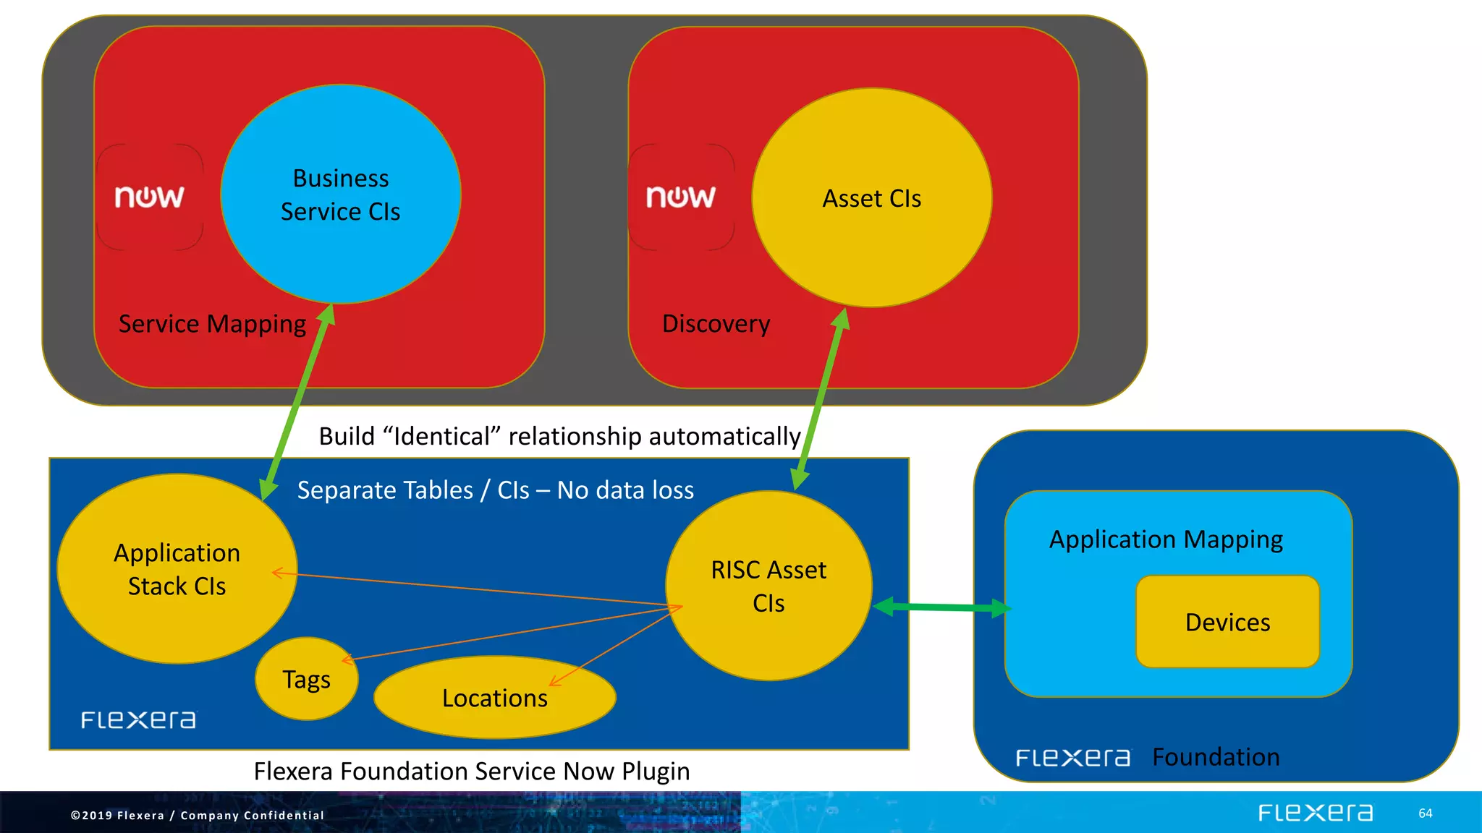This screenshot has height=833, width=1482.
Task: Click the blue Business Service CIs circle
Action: pos(340,194)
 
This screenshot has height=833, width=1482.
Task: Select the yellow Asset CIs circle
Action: pos(871,198)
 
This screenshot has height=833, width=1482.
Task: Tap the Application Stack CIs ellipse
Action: pos(177,569)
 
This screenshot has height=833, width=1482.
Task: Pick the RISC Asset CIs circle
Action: pos(768,586)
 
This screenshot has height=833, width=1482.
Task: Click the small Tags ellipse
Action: pos(306,680)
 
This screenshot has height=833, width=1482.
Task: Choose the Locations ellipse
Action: pos(494,698)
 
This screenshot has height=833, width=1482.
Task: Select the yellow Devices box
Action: pos(1227,622)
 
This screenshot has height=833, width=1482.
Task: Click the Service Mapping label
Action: pos(212,323)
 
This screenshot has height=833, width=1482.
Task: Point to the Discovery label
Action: pos(716,323)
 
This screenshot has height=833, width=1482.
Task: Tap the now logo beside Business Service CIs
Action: pos(150,197)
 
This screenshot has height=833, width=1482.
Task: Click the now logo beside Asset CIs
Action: pos(681,197)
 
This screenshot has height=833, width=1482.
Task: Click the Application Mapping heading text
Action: pos(1166,539)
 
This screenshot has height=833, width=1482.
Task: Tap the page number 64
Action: pos(1425,813)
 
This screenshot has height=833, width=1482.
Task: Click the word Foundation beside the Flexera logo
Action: pos(1216,757)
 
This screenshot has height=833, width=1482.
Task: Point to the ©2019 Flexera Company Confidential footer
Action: pos(197,816)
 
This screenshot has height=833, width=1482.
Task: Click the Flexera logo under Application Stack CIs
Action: pos(138,720)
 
